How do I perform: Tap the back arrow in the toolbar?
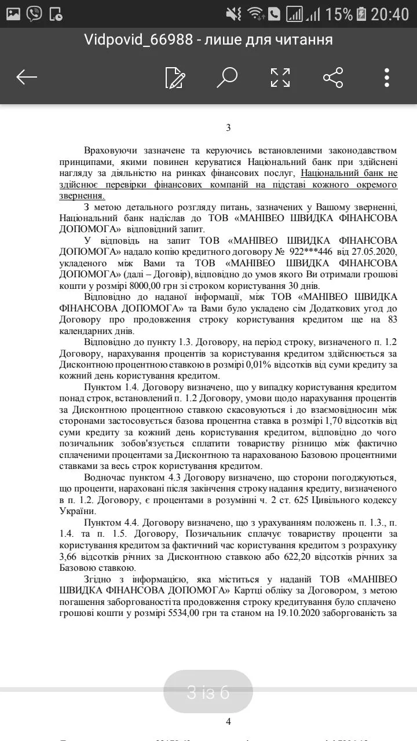[27, 77]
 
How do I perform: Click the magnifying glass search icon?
[226, 77]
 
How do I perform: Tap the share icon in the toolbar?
[332, 77]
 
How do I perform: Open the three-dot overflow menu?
[386, 77]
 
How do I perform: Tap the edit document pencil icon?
[174, 77]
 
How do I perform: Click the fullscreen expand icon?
[280, 77]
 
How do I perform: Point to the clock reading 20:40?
[390, 14]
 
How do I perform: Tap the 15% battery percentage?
[338, 14]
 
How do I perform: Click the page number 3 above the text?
[228, 128]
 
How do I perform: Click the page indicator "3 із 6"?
[209, 692]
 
